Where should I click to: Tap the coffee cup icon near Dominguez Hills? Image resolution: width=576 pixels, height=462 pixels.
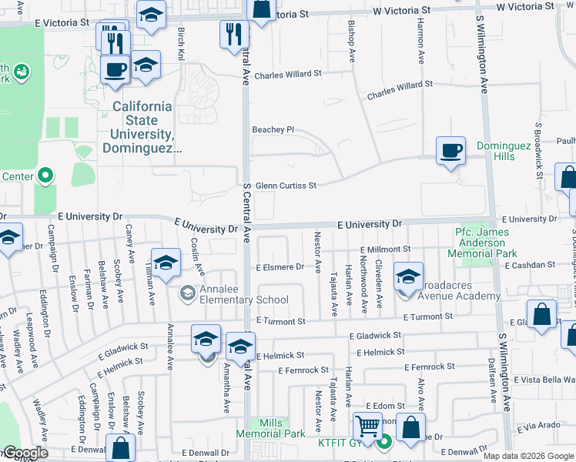point(450,150)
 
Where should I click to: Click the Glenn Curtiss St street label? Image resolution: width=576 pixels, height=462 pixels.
point(286,186)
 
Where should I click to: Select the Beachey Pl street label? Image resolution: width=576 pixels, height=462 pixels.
point(274,129)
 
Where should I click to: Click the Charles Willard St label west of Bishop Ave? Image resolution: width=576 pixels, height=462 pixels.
point(287,75)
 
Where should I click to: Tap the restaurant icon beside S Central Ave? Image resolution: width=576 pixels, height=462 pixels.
point(233,34)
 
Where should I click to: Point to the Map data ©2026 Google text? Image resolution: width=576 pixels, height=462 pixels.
point(528,456)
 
